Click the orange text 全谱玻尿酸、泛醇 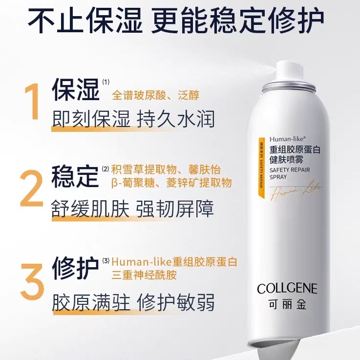pos(155,95)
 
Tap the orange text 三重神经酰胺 pos(144,275)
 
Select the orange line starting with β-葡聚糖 pos(171,183)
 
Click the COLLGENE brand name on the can pos(287,288)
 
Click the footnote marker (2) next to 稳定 pos(106,169)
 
